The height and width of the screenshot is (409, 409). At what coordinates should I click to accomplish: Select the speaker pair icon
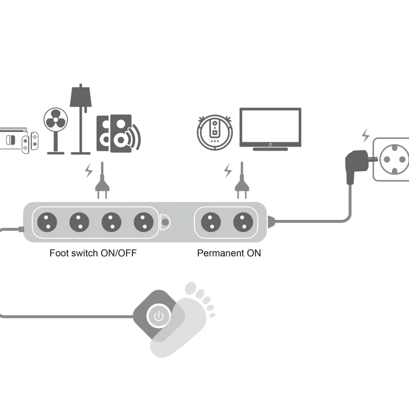tap(118, 134)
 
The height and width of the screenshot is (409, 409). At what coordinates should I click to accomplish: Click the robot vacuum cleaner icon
tap(215, 132)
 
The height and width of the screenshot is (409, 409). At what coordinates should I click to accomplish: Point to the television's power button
tap(270, 144)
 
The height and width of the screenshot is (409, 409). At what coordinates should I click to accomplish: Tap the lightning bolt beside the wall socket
tap(365, 136)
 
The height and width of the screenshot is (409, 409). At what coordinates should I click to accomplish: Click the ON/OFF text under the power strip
tap(118, 253)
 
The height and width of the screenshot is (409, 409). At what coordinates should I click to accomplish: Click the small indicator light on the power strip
tap(165, 222)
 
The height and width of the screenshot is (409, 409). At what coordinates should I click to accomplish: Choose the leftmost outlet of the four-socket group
tap(47, 222)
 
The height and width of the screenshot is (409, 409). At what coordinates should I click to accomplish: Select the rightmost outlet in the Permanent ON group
tap(243, 222)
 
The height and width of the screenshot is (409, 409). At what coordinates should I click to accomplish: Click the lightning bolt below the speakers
tap(88, 170)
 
